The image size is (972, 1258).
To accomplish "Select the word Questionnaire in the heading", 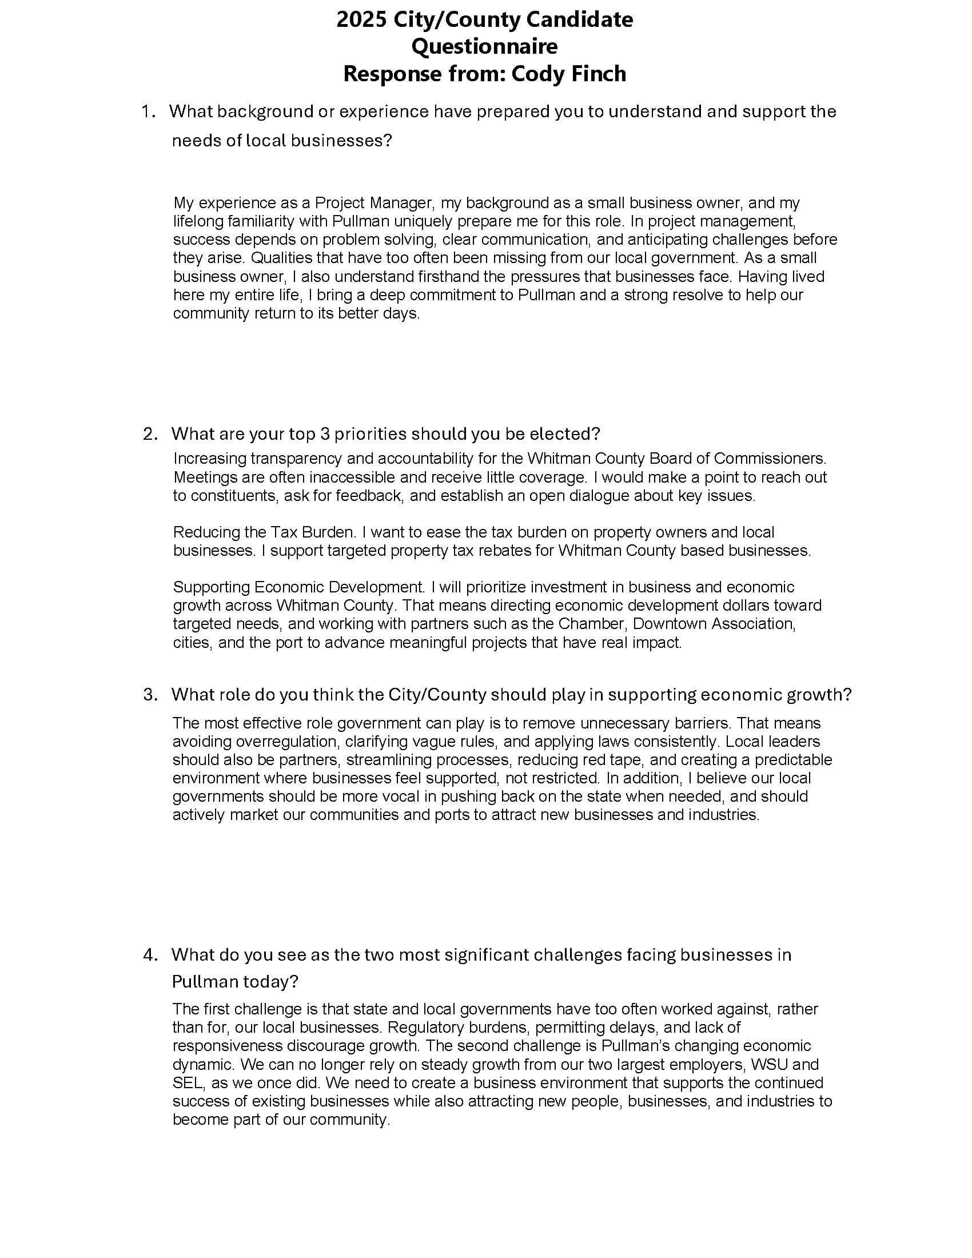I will point(484,47).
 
